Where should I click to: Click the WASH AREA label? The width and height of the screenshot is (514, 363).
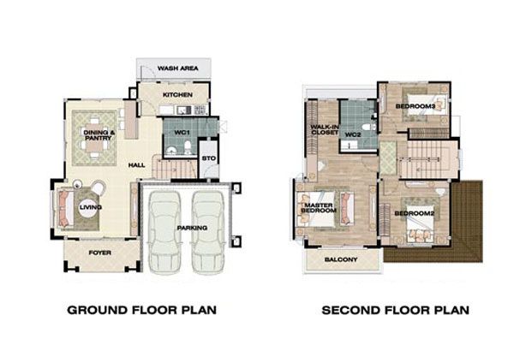177,68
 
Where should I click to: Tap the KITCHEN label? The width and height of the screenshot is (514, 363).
177,95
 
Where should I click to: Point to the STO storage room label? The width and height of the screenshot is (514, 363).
209,158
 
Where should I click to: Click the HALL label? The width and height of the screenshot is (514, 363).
137,165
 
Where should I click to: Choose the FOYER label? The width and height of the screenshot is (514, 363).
100,253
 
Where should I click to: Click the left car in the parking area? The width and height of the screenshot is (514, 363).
164,232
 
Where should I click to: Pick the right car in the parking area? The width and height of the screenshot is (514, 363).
208,232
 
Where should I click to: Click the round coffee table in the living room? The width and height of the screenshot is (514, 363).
88,207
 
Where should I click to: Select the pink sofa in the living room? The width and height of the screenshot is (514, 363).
64,209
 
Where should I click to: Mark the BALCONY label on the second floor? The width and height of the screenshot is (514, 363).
341,259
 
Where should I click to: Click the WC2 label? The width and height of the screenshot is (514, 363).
353,134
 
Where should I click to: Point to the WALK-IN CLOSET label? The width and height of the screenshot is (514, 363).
325,130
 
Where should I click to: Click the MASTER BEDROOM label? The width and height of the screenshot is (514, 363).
319,208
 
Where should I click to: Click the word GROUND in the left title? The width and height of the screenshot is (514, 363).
98,310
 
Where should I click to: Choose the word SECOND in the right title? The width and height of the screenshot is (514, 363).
352,310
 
